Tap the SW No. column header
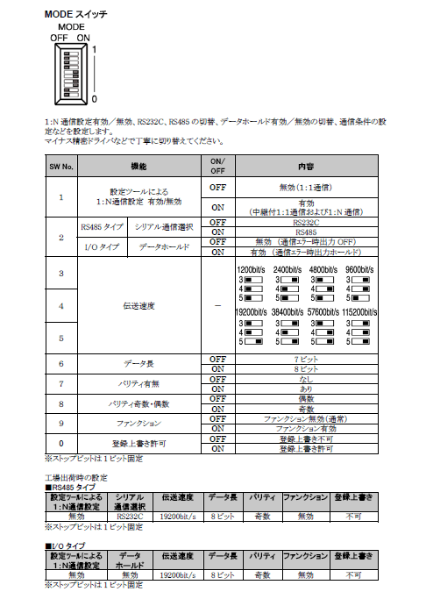(x=60, y=166)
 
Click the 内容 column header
(x=305, y=166)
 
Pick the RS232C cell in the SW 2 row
(x=305, y=223)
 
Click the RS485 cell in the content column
(x=305, y=232)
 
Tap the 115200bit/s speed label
(x=359, y=311)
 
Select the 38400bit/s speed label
(x=288, y=311)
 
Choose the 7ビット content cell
(x=305, y=360)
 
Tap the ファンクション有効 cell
(x=305, y=428)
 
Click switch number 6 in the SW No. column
(x=60, y=364)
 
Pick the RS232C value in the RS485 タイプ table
(x=131, y=517)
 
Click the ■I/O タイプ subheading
(x=67, y=545)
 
